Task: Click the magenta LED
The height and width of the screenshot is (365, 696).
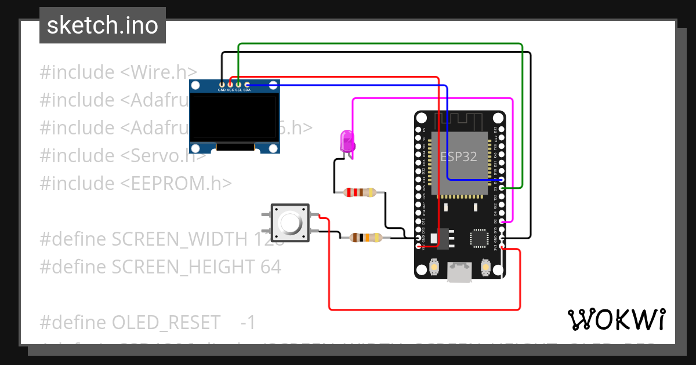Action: coord(347,141)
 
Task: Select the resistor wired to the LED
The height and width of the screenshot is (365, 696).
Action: coord(360,192)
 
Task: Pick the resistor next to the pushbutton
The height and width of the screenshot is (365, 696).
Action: coord(365,237)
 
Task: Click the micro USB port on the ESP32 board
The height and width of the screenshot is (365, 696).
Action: coord(459,272)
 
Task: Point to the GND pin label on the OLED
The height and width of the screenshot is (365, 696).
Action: coord(222,90)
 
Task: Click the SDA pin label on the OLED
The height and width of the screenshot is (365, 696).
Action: coord(247,90)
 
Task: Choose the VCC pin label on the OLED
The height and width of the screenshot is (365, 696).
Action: coord(230,90)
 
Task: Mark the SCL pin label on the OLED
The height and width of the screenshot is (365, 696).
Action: coord(238,90)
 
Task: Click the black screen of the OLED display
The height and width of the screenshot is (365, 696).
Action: coord(234,118)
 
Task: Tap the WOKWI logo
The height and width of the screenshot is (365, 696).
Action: coord(616,319)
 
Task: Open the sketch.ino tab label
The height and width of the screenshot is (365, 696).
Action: coord(103,25)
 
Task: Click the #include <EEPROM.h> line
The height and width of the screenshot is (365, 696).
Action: coord(136,183)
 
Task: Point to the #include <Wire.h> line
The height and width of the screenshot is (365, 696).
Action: coord(118,72)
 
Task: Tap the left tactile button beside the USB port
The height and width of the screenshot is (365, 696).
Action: coord(433,268)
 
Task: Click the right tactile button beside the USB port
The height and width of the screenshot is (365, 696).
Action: coord(486,268)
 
